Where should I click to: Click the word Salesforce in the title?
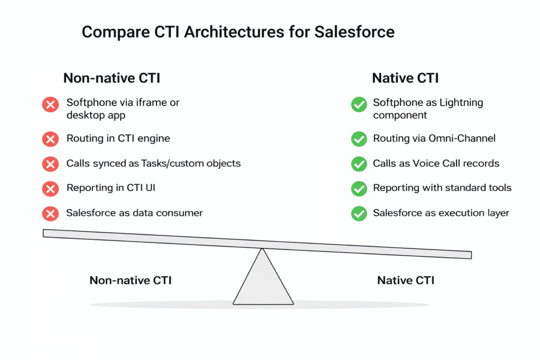point(354,32)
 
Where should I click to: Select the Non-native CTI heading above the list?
point(111,78)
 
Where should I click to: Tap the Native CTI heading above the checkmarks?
point(405,78)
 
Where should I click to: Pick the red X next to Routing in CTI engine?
point(50,139)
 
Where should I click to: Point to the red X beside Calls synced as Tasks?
point(50,164)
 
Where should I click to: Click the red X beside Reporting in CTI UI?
point(50,188)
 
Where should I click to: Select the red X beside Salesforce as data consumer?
point(50,213)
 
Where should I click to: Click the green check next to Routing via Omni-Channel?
point(359,139)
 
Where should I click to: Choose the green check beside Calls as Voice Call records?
point(359,164)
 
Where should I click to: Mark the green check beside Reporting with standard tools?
point(359,188)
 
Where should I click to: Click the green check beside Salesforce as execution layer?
point(359,213)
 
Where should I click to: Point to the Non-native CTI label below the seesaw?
point(130,280)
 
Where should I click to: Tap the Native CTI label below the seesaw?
point(406,280)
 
